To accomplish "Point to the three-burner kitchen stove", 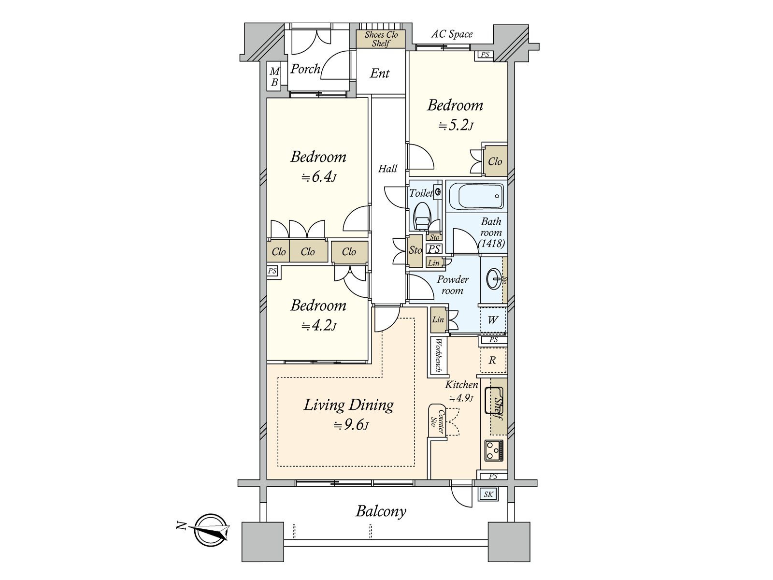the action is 494,450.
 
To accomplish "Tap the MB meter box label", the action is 274,77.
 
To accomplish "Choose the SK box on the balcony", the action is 488,494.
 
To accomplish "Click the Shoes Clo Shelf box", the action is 381,39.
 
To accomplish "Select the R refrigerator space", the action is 493,360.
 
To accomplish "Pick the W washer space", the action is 493,320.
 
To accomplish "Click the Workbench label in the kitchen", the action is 439,355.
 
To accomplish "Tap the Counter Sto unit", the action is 437,421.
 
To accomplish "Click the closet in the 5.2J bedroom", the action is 495,161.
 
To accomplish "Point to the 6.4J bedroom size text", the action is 319,177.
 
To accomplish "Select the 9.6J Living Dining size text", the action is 351,426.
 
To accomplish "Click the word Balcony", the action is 381,511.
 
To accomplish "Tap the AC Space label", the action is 452,34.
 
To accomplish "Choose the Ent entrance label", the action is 380,73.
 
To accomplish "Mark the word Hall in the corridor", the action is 388,169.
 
